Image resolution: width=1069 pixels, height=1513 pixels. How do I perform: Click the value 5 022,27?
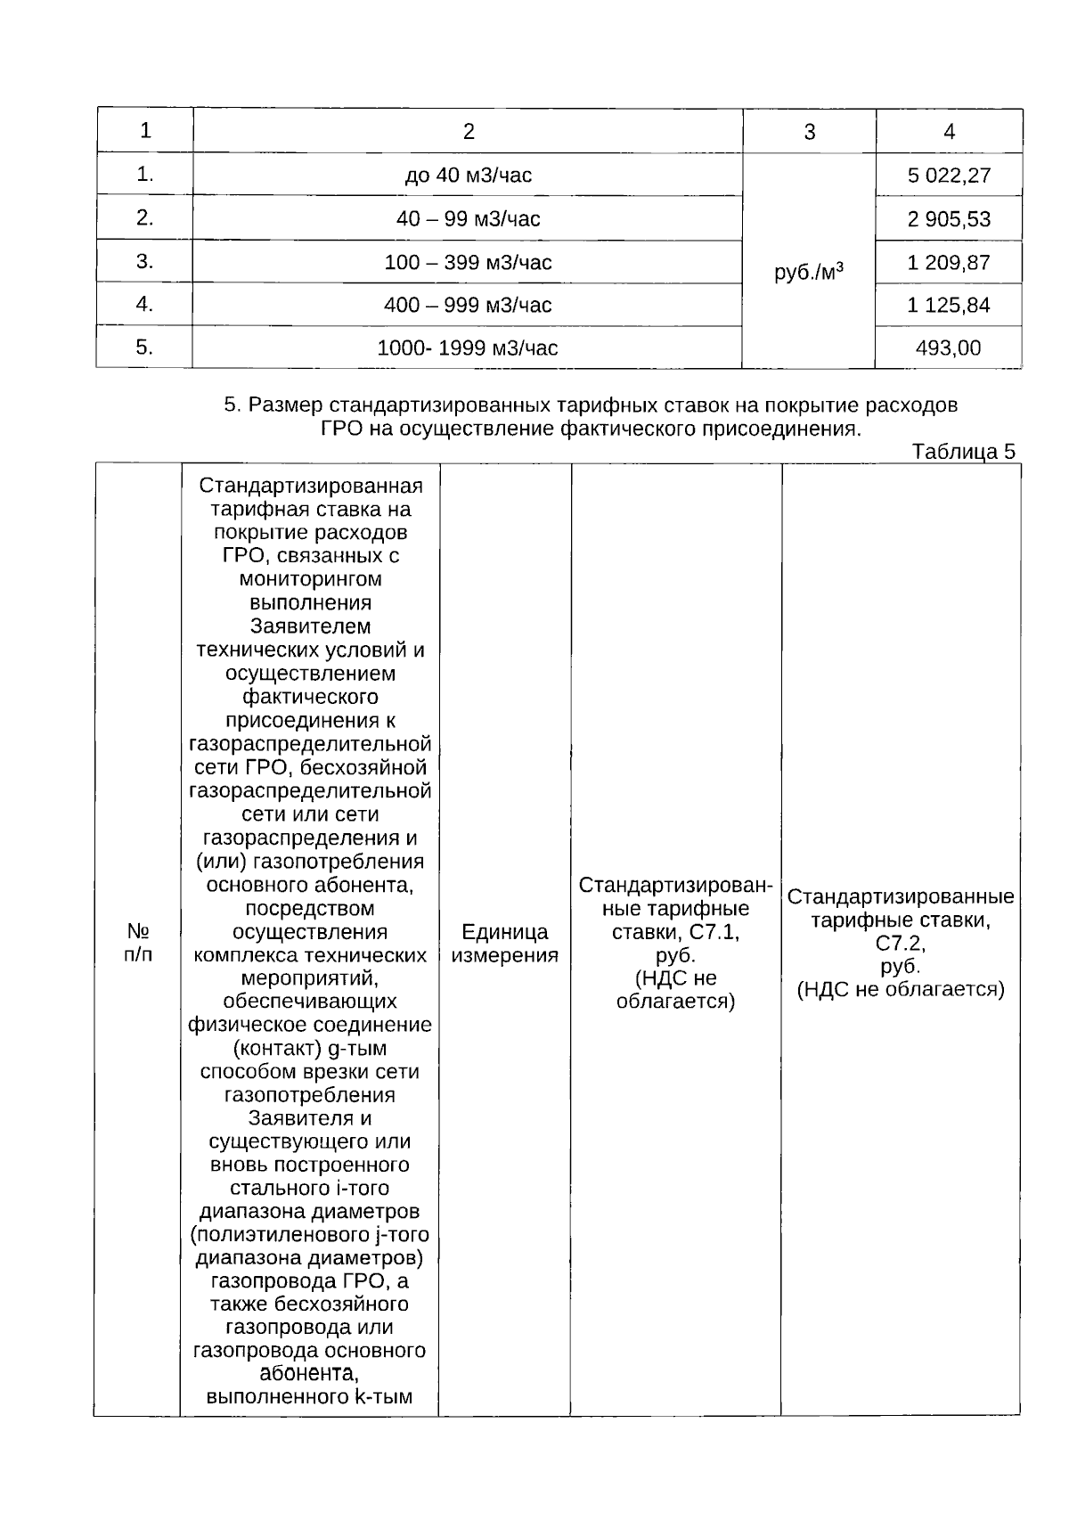[949, 176]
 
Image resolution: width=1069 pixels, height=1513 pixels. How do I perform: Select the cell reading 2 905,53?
[949, 219]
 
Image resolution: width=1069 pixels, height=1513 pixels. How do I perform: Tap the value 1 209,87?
[949, 263]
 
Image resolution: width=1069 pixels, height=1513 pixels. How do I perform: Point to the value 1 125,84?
[949, 306]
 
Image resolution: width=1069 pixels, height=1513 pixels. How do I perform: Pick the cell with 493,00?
[949, 348]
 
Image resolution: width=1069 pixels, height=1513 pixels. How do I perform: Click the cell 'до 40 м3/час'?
[469, 176]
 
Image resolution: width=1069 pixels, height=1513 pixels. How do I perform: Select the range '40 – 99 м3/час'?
[469, 219]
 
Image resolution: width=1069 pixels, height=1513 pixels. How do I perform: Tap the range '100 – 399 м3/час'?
[469, 263]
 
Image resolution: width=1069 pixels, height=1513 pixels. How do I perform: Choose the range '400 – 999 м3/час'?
[469, 306]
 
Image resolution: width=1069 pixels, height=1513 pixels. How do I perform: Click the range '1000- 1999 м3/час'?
[469, 348]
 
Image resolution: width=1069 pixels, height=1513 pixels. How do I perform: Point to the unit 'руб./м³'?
[809, 272]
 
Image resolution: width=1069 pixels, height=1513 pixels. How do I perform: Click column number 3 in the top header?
[809, 132]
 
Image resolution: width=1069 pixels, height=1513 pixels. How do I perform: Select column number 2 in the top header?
[469, 132]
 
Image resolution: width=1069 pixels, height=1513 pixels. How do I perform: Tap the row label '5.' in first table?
[144, 348]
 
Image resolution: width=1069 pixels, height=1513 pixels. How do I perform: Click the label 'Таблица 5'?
[964, 452]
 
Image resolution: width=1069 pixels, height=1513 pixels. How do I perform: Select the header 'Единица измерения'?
[505, 944]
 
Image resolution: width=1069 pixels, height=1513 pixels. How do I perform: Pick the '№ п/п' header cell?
[137, 944]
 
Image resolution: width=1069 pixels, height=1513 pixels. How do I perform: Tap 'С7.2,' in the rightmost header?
[901, 944]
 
